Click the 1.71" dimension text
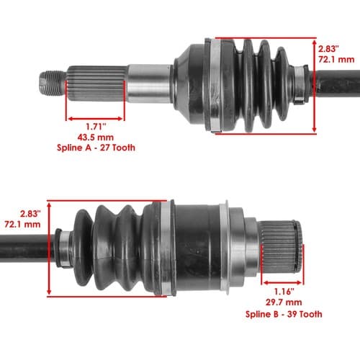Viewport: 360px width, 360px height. pos(96,127)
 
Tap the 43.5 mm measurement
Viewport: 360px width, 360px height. pos(96,138)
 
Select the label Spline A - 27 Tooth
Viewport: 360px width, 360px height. pos(96,148)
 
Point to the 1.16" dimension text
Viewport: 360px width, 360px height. pos(284,292)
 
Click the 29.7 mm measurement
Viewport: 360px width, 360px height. pos(284,302)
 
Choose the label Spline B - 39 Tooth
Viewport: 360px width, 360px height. pos(284,314)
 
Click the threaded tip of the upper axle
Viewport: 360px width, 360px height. pos(53,83)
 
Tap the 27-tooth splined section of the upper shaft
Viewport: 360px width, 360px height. pos(97,84)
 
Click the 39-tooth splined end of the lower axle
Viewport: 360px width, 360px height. pos(281,246)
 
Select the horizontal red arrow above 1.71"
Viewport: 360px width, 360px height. pos(95,119)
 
